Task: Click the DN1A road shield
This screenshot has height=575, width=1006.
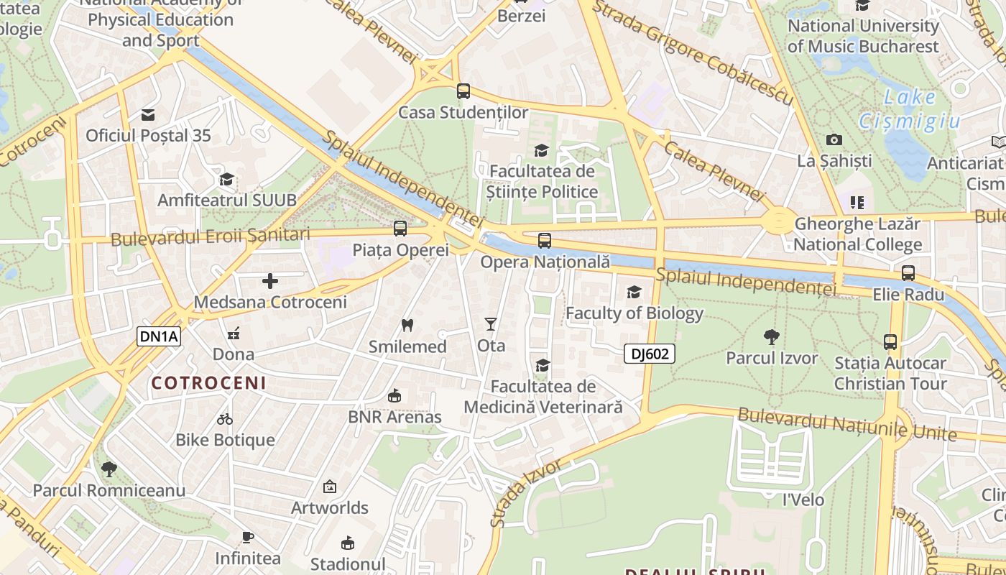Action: pos(159,336)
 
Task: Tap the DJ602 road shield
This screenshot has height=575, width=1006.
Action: pos(650,353)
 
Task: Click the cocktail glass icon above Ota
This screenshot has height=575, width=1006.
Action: pos(491,324)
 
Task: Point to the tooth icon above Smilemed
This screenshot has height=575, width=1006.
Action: pos(407,325)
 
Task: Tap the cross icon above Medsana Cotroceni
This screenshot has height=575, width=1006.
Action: pos(270,281)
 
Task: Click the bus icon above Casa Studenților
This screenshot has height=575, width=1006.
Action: pos(463,91)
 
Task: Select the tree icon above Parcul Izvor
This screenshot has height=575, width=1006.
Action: pos(772,336)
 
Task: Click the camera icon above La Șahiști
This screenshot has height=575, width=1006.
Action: pos(834,139)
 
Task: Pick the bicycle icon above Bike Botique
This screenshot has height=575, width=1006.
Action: pos(225,418)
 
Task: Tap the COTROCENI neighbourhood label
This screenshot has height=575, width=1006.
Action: pos(208,383)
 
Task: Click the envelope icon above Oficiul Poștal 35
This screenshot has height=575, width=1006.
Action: pos(148,114)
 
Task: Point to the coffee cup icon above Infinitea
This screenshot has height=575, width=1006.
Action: pos(248,536)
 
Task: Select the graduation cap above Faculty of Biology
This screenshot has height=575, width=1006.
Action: pos(634,292)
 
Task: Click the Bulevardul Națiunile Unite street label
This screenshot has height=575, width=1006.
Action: pos(847,424)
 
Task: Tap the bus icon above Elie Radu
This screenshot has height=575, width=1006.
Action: pos(908,273)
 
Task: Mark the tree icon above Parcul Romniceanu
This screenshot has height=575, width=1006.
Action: pos(109,469)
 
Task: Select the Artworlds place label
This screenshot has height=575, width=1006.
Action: pos(329,507)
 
